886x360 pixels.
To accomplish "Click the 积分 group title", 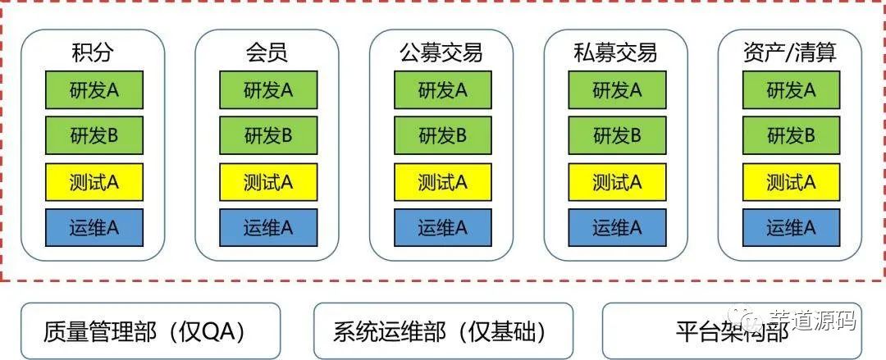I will (x=93, y=53).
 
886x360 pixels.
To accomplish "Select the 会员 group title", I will (x=267, y=53).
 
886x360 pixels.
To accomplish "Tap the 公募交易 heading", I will (x=441, y=53).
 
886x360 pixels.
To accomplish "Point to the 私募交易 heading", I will (x=616, y=53).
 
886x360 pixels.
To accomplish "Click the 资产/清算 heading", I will (x=790, y=53).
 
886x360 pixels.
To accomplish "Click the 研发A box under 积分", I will (x=94, y=90).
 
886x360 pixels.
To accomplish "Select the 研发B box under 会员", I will (x=267, y=135).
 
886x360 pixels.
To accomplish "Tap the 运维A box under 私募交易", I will (x=617, y=227).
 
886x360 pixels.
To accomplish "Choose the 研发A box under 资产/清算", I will (x=791, y=90).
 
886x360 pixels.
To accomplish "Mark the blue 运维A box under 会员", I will (x=267, y=227).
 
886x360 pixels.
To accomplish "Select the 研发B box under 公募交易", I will (x=442, y=135).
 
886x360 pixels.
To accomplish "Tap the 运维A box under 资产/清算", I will (x=791, y=227).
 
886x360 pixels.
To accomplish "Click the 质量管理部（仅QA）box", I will (x=150, y=330).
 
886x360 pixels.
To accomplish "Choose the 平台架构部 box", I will (x=733, y=330).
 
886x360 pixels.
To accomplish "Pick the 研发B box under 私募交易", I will (x=617, y=135).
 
